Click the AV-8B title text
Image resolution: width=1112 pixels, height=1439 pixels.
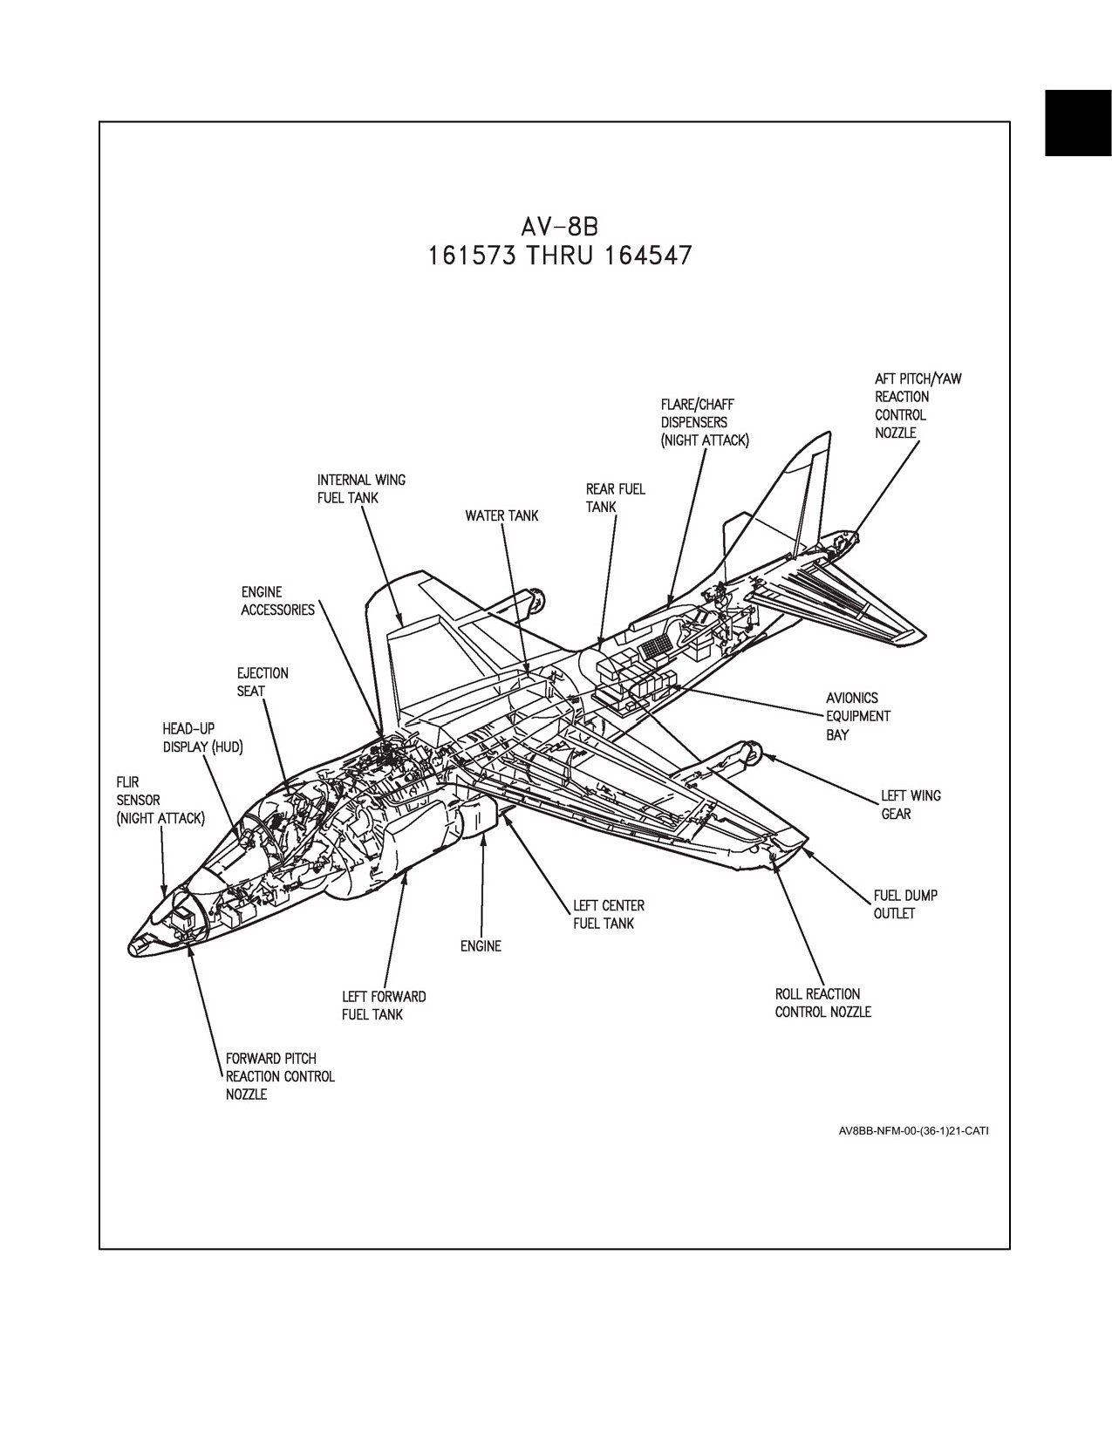pos(560,227)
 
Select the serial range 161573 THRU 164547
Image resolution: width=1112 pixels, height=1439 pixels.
pos(560,255)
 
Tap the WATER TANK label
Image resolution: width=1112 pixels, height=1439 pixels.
pos(502,515)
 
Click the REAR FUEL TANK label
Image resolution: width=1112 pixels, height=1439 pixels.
pos(615,498)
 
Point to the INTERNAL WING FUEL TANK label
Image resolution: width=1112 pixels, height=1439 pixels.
pos(361,488)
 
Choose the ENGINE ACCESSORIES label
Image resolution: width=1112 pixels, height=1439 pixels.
pos(277,601)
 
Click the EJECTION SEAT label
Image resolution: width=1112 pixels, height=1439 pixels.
pos(263,682)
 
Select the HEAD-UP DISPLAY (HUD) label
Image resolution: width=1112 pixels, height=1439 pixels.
pos(202,739)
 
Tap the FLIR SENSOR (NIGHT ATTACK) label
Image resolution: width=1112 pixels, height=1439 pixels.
pos(160,801)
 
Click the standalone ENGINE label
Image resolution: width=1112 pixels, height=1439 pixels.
pos(481,946)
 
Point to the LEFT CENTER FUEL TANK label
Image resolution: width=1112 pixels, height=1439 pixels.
pos(609,914)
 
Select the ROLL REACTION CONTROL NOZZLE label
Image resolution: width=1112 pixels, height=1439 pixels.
pos(823,1003)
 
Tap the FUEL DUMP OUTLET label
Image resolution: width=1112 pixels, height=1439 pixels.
pos(905,904)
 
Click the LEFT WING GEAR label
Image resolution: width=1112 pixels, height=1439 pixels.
pos(911,805)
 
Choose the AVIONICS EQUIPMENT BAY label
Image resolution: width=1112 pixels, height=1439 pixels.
pos(858,716)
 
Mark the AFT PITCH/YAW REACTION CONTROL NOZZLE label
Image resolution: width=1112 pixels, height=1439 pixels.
pos(918,406)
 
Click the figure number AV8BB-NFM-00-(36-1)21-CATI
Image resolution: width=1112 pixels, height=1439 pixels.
pos(914,1131)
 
